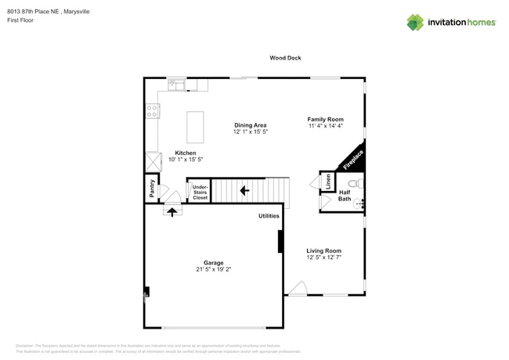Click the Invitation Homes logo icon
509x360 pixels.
(x=415, y=22)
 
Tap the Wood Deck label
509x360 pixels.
(x=285, y=58)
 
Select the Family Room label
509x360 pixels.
(x=325, y=120)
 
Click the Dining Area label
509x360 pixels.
(x=251, y=125)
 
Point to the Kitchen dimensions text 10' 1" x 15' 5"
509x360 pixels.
(x=186, y=160)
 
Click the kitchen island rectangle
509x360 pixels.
(x=195, y=127)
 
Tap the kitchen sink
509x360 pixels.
(x=175, y=84)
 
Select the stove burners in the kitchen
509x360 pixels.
(x=153, y=111)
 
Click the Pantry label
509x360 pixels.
(x=152, y=189)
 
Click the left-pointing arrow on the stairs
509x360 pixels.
(x=244, y=189)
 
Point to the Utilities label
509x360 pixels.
(x=269, y=216)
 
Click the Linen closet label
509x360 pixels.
(x=327, y=182)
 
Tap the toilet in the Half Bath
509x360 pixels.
(x=353, y=185)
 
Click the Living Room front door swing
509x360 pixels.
(x=295, y=290)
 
